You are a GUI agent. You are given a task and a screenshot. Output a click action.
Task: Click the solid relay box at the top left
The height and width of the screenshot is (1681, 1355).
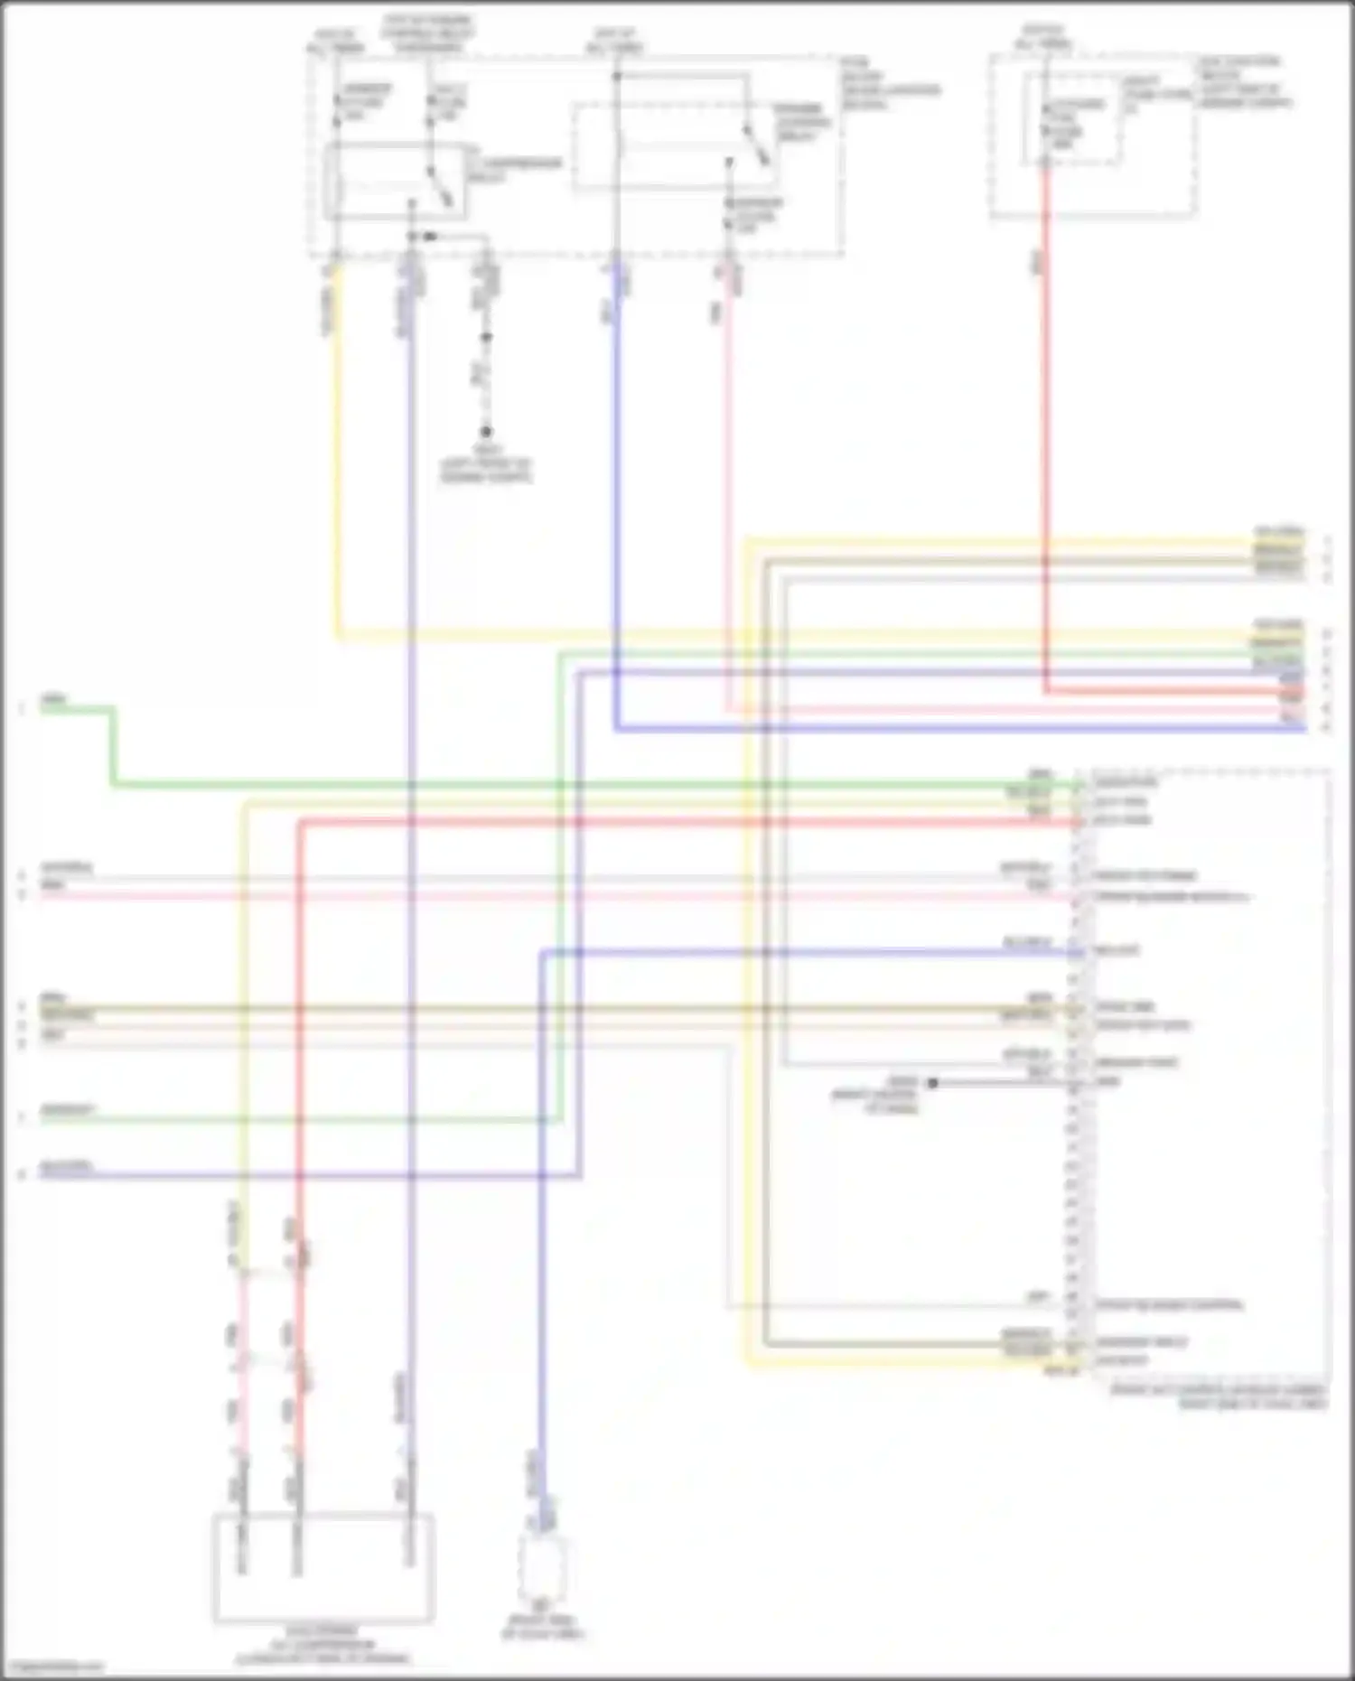click(x=397, y=181)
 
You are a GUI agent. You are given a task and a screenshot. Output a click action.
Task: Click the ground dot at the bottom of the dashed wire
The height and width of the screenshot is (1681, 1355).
click(x=486, y=433)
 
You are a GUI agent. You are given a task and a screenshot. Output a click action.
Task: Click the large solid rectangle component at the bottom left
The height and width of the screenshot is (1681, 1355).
click(x=323, y=1567)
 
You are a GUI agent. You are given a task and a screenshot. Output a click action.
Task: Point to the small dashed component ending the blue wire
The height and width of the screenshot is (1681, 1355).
click(x=542, y=1568)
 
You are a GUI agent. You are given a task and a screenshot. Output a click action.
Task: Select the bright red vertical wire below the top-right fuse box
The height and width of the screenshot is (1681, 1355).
click(x=1046, y=434)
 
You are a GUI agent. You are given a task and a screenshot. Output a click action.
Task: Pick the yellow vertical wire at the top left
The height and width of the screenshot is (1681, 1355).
click(x=338, y=452)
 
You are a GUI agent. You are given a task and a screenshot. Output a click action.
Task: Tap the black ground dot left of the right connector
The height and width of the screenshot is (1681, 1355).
click(x=932, y=1082)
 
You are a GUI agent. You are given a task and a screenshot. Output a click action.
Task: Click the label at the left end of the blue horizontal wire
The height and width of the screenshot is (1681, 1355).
click(x=66, y=1166)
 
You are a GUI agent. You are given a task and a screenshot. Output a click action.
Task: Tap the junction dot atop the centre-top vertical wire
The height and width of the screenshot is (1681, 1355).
click(x=616, y=77)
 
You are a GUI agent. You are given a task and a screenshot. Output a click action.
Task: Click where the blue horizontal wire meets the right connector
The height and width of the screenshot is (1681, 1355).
click(x=1077, y=953)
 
